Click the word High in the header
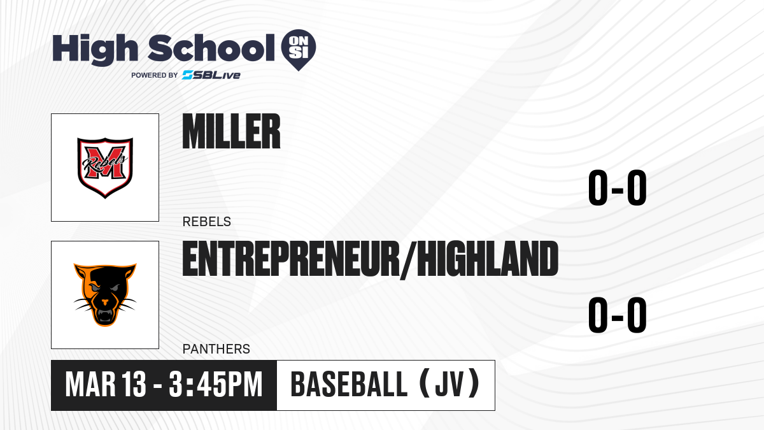tap(95, 49)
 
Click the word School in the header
tap(211, 48)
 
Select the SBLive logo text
tap(211, 75)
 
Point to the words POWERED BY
tap(155, 75)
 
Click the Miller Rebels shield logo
tap(105, 168)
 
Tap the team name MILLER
tap(231, 131)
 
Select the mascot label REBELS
tap(207, 222)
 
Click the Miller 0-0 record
tap(618, 187)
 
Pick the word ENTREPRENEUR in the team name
tap(291, 259)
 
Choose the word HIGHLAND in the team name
tap(488, 259)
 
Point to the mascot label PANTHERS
tap(216, 349)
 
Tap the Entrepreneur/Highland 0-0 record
tap(618, 315)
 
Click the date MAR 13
tap(106, 385)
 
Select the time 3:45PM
tap(216, 385)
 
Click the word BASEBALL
tap(349, 384)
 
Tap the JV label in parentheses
tap(449, 384)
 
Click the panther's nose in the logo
tap(105, 302)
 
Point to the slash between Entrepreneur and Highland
tap(408, 261)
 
